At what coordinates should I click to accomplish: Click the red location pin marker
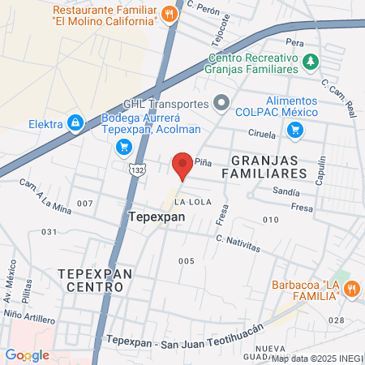pos(182,165)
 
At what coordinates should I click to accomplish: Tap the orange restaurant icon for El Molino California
pos(169,13)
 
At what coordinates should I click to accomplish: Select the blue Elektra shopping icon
pos(75,122)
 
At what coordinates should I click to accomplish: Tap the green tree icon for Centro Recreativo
pos(310,61)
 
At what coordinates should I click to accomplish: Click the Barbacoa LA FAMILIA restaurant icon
pos(352,287)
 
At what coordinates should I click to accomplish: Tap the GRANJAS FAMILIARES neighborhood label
pos(264,165)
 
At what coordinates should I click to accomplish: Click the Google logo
pos(27,354)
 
